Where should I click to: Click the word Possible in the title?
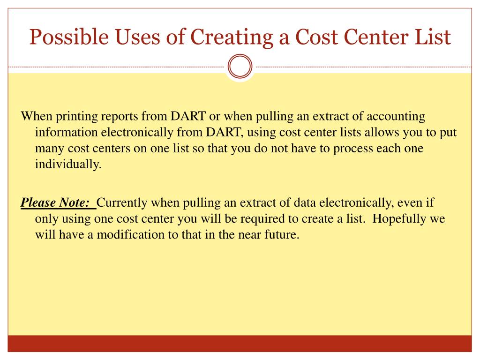[x=60, y=37]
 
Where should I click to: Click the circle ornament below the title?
[x=240, y=67]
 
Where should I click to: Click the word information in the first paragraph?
[x=65, y=133]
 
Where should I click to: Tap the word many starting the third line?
[x=49, y=149]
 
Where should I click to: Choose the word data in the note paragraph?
[x=305, y=203]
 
